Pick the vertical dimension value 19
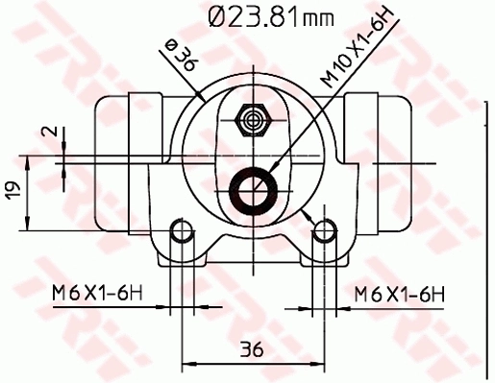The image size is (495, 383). [12, 191]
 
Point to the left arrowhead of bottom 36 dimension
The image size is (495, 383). [186, 363]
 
